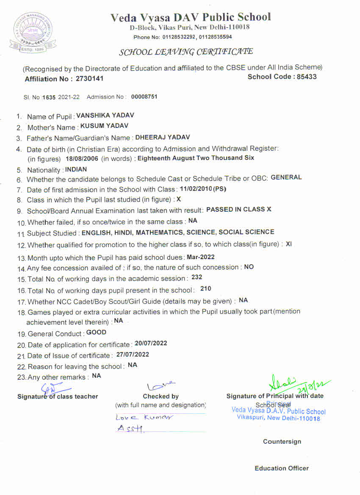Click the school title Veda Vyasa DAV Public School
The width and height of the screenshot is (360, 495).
click(191, 17)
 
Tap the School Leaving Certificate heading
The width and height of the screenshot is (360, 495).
click(186, 52)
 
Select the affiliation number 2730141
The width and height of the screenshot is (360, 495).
click(89, 79)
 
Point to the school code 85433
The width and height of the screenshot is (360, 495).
click(306, 77)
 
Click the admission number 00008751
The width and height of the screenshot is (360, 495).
click(144, 97)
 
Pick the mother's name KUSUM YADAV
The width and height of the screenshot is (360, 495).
click(104, 126)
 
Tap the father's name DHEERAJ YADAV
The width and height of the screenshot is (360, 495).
click(163, 137)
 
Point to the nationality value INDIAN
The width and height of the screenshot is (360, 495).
click(76, 169)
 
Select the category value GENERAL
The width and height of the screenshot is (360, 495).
click(286, 177)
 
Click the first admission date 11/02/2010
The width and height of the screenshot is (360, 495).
click(196, 189)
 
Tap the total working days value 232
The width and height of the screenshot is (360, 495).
click(197, 277)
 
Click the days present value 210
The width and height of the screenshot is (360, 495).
click(205, 289)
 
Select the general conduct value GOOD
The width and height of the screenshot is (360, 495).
click(96, 332)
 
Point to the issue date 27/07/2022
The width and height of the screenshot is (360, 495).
click(133, 354)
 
